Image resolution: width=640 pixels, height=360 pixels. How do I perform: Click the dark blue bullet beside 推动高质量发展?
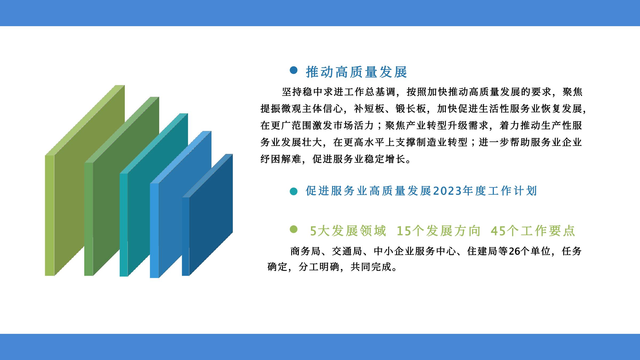pyautogui.click(x=294, y=70)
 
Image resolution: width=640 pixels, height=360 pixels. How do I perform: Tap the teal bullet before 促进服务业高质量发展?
pyautogui.click(x=294, y=191)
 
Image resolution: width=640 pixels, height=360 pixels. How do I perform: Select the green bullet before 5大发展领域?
pyautogui.click(x=294, y=229)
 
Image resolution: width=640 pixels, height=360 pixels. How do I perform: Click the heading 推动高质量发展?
pyautogui.click(x=357, y=72)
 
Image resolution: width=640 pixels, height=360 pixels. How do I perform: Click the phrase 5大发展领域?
pyautogui.click(x=348, y=231)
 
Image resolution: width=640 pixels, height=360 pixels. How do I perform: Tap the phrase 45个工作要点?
pyautogui.click(x=533, y=231)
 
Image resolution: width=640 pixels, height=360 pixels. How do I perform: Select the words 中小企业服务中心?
pyautogui.click(x=415, y=251)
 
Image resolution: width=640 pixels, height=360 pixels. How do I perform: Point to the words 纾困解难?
pyautogui.click(x=281, y=159)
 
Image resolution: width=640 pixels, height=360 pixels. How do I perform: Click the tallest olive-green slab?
pyautogui.click(x=85, y=180)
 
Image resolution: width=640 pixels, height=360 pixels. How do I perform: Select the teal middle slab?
pyautogui.click(x=154, y=195)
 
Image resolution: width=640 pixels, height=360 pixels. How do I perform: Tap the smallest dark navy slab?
pyautogui.click(x=207, y=215)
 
